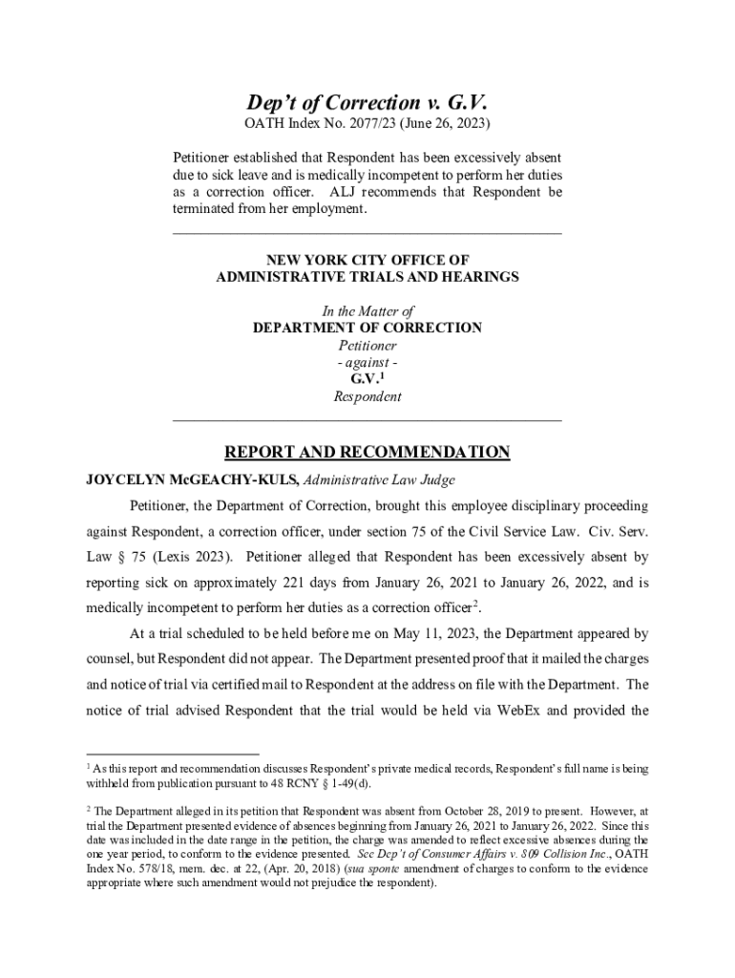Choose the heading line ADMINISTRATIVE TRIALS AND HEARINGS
[x=367, y=277]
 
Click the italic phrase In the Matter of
[x=367, y=310]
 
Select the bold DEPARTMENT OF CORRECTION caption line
[x=367, y=328]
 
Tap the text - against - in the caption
[x=367, y=362]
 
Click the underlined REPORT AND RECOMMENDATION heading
[x=367, y=453]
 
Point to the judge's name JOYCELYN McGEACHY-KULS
[x=192, y=479]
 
